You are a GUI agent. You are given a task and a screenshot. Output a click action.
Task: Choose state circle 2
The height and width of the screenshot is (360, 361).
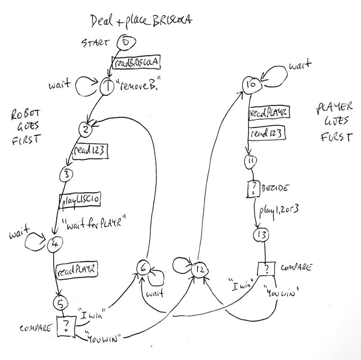[x=85, y=130]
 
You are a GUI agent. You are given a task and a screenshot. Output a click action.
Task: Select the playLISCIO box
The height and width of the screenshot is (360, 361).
[x=80, y=198]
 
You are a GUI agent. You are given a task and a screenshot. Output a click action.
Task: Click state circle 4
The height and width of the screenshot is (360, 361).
[x=55, y=243]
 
